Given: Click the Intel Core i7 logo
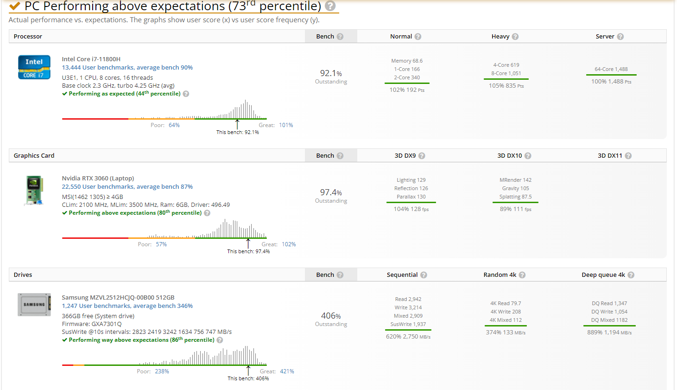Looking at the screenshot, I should (x=34, y=67).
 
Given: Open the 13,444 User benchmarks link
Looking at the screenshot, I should (x=127, y=68).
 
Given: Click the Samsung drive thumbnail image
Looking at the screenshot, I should (x=34, y=305).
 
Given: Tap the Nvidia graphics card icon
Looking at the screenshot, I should (x=34, y=190).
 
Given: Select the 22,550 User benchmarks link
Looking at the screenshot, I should (x=127, y=187).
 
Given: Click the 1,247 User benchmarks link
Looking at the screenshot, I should (x=127, y=306).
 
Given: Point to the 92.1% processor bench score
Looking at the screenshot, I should (x=331, y=73).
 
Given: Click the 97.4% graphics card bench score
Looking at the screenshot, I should (x=331, y=192).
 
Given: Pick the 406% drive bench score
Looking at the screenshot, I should (x=331, y=316).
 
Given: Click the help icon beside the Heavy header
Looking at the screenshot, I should (x=515, y=37).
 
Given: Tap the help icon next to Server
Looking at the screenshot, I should (x=620, y=37).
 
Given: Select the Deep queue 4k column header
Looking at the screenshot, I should (x=603, y=275).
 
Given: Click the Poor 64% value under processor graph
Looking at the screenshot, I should (x=174, y=125).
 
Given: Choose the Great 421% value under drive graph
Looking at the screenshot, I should (x=287, y=371).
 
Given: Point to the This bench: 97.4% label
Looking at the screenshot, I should (x=248, y=251).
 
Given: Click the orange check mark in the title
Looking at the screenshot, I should (x=15, y=6).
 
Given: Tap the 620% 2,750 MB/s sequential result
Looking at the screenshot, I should (x=408, y=337).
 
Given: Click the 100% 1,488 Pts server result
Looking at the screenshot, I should (x=611, y=82).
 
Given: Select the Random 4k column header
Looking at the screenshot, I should (x=500, y=275).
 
